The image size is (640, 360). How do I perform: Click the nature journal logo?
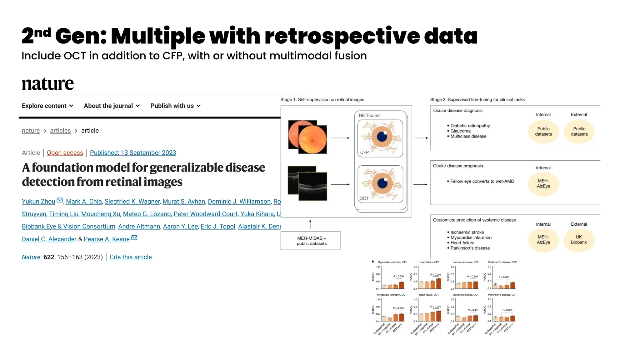coord(48,84)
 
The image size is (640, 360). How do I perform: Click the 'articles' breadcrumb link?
coord(60,131)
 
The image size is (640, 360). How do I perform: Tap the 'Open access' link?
coord(65,153)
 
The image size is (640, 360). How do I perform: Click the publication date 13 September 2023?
coord(133,153)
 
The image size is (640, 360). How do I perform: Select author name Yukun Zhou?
coord(38,202)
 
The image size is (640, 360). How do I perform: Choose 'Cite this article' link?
coord(131,257)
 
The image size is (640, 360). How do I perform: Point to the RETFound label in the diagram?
coord(369,115)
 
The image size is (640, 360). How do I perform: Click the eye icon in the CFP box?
coord(382,137)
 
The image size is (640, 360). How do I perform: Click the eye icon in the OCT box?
coord(382,183)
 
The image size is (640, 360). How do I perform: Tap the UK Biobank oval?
coord(579,240)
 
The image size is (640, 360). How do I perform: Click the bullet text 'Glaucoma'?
coord(460,131)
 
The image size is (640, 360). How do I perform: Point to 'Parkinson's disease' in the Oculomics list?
coord(470,248)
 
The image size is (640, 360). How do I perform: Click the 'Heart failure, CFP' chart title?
coord(429,262)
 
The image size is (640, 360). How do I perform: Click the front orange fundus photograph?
coord(312,139)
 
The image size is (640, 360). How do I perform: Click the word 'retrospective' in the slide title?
coord(342,36)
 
